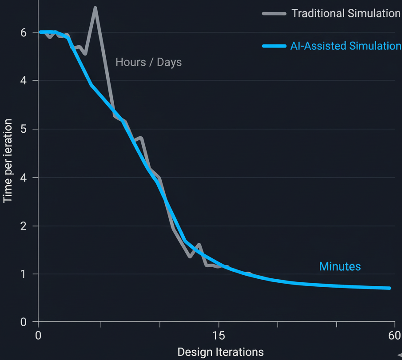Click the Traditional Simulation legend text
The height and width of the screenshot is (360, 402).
coord(346,13)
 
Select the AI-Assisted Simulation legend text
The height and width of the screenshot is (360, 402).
coord(346,46)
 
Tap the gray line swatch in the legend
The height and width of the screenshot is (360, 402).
coord(274,13)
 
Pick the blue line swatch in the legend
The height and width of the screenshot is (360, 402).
coord(274,46)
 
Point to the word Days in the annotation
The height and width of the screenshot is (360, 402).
coord(169,62)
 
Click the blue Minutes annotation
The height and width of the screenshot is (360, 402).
coord(340,266)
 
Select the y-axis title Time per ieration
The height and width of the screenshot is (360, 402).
coord(8,161)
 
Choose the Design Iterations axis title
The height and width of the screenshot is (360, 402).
coord(220,352)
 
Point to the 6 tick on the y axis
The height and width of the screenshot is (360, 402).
coord(23,32)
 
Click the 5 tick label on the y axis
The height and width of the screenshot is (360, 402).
coord(23,129)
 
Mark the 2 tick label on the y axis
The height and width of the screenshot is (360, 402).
coord(23,226)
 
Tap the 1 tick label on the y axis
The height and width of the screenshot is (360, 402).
coord(23,274)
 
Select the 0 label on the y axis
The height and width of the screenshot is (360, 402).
coord(23,322)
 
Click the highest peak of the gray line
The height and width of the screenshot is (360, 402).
coord(95,8)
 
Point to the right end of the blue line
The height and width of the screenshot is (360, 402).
coord(390,288)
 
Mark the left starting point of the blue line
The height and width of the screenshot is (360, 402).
coord(40,32)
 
